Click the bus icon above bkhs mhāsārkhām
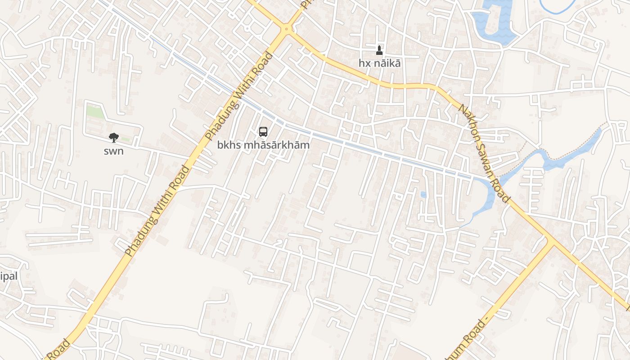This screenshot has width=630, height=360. (x=263, y=132)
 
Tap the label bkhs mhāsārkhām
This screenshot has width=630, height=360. (x=263, y=145)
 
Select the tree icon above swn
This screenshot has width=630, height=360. (x=113, y=138)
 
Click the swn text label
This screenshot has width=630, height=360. (x=113, y=151)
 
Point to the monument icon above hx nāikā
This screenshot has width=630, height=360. (x=379, y=50)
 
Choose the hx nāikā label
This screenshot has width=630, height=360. (x=379, y=63)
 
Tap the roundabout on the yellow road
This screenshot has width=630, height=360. (x=286, y=29)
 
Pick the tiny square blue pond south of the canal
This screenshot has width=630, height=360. (x=423, y=194)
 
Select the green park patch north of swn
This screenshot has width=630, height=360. (x=95, y=112)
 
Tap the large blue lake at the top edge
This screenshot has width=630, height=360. (x=493, y=20)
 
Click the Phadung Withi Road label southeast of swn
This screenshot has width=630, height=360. (x=157, y=211)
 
